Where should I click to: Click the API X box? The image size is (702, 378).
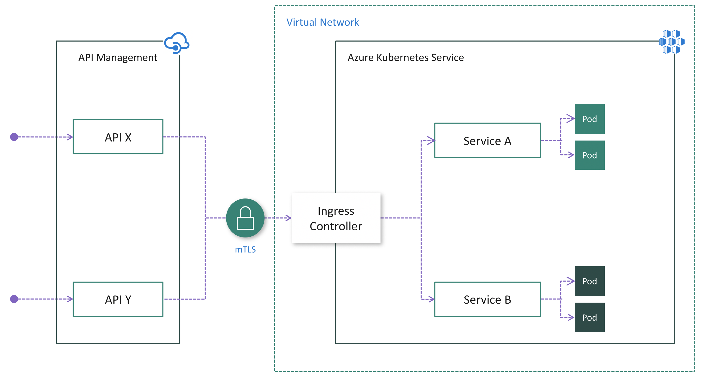(118, 137)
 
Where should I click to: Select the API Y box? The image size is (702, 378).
(118, 299)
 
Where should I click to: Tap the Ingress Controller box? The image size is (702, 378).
(336, 218)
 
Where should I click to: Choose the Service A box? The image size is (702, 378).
(487, 140)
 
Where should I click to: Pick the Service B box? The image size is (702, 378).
(487, 299)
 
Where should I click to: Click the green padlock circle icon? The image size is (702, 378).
(245, 218)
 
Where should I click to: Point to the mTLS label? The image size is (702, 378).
(245, 250)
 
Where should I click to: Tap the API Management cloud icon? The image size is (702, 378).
(177, 43)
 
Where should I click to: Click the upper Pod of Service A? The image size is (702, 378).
(589, 119)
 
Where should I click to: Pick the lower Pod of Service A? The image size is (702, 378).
(589, 155)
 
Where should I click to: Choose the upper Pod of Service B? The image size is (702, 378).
(589, 281)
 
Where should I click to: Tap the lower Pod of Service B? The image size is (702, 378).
(589, 317)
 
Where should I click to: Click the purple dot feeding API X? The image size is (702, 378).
(14, 137)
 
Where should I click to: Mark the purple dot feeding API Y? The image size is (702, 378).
(14, 299)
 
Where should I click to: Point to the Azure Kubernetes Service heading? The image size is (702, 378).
(405, 57)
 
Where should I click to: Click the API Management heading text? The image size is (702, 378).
(118, 57)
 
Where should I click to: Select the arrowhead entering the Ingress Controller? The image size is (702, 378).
(288, 218)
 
